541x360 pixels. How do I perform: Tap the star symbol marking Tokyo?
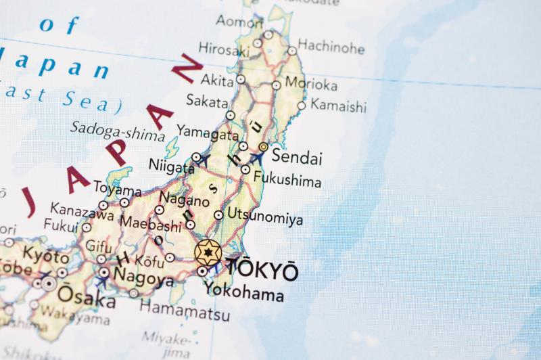coord(208,253)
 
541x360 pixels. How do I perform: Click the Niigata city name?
coord(171,166)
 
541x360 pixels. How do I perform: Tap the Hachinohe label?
coord(331,47)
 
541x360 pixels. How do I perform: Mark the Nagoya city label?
coord(143,277)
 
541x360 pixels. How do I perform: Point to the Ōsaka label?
coord(86,296)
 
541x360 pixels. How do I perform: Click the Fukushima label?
coord(287,181)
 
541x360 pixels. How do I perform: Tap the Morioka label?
coord(311,85)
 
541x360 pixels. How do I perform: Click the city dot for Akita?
coord(241,80)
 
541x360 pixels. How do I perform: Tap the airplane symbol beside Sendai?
coord(256,158)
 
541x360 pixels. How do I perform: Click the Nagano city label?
coord(184,200)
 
